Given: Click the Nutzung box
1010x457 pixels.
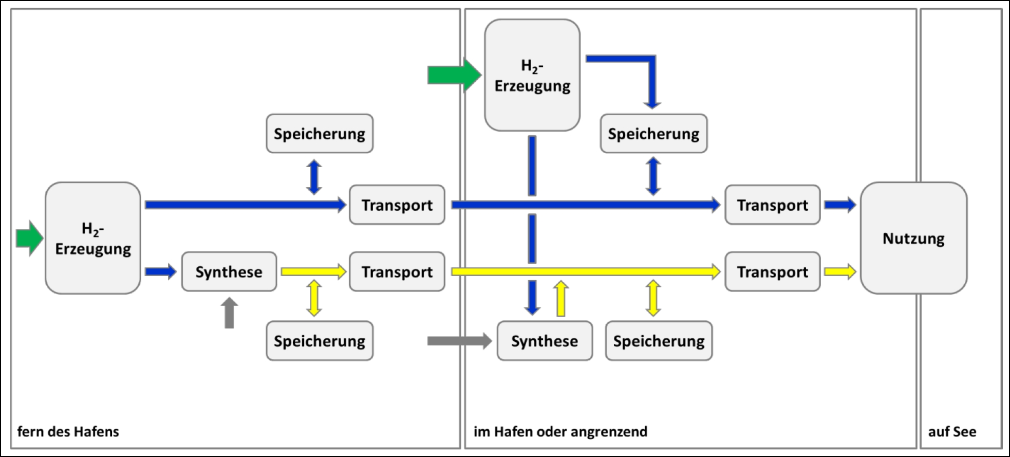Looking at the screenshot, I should [913, 238].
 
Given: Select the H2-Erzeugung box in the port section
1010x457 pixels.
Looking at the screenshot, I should [532, 76].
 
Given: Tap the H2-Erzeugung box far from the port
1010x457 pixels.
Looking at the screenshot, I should [93, 238].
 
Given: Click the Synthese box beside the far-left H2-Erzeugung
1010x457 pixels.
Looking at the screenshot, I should [229, 271].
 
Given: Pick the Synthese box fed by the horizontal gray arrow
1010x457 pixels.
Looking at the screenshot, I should [545, 341].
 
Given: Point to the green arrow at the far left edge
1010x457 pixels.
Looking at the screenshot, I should [29, 238].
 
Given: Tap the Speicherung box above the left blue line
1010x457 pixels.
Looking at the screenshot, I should [320, 134].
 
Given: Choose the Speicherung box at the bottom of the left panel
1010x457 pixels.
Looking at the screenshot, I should [320, 341].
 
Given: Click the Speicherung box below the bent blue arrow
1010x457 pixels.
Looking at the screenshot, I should [653, 134].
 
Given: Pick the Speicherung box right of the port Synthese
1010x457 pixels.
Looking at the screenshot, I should [659, 341].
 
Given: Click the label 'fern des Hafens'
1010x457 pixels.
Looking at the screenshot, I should [68, 431].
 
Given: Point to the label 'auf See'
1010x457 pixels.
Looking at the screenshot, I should [952, 431].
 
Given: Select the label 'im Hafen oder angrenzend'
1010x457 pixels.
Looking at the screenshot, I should [560, 431].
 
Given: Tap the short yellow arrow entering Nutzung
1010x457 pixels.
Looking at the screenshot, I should [840, 271].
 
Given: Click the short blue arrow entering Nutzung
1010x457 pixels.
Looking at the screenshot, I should [840, 205].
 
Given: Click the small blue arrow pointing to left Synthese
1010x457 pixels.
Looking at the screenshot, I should [161, 271].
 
